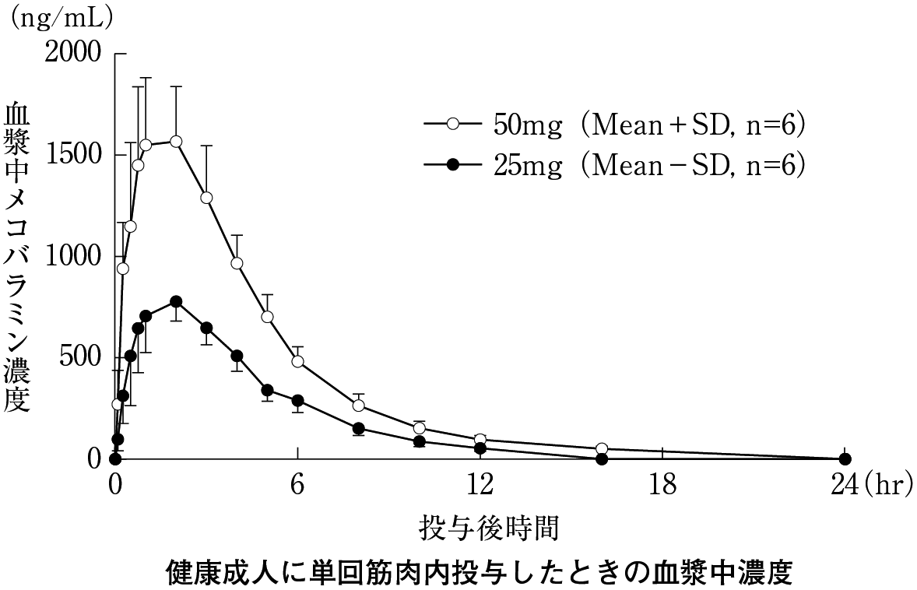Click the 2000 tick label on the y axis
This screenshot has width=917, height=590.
click(x=73, y=53)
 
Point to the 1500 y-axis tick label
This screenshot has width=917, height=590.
click(x=73, y=154)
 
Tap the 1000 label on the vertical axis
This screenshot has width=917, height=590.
click(x=73, y=256)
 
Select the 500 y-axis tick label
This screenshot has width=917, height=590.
click(x=82, y=357)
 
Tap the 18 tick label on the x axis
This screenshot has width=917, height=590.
click(x=663, y=484)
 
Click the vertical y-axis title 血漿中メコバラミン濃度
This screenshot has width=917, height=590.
click(x=17, y=257)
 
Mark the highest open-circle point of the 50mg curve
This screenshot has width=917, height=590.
click(x=176, y=141)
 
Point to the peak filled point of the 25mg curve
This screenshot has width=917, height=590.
click(x=176, y=301)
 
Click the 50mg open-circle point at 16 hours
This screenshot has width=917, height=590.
click(x=602, y=448)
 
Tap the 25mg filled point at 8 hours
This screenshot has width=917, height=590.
click(x=359, y=428)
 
